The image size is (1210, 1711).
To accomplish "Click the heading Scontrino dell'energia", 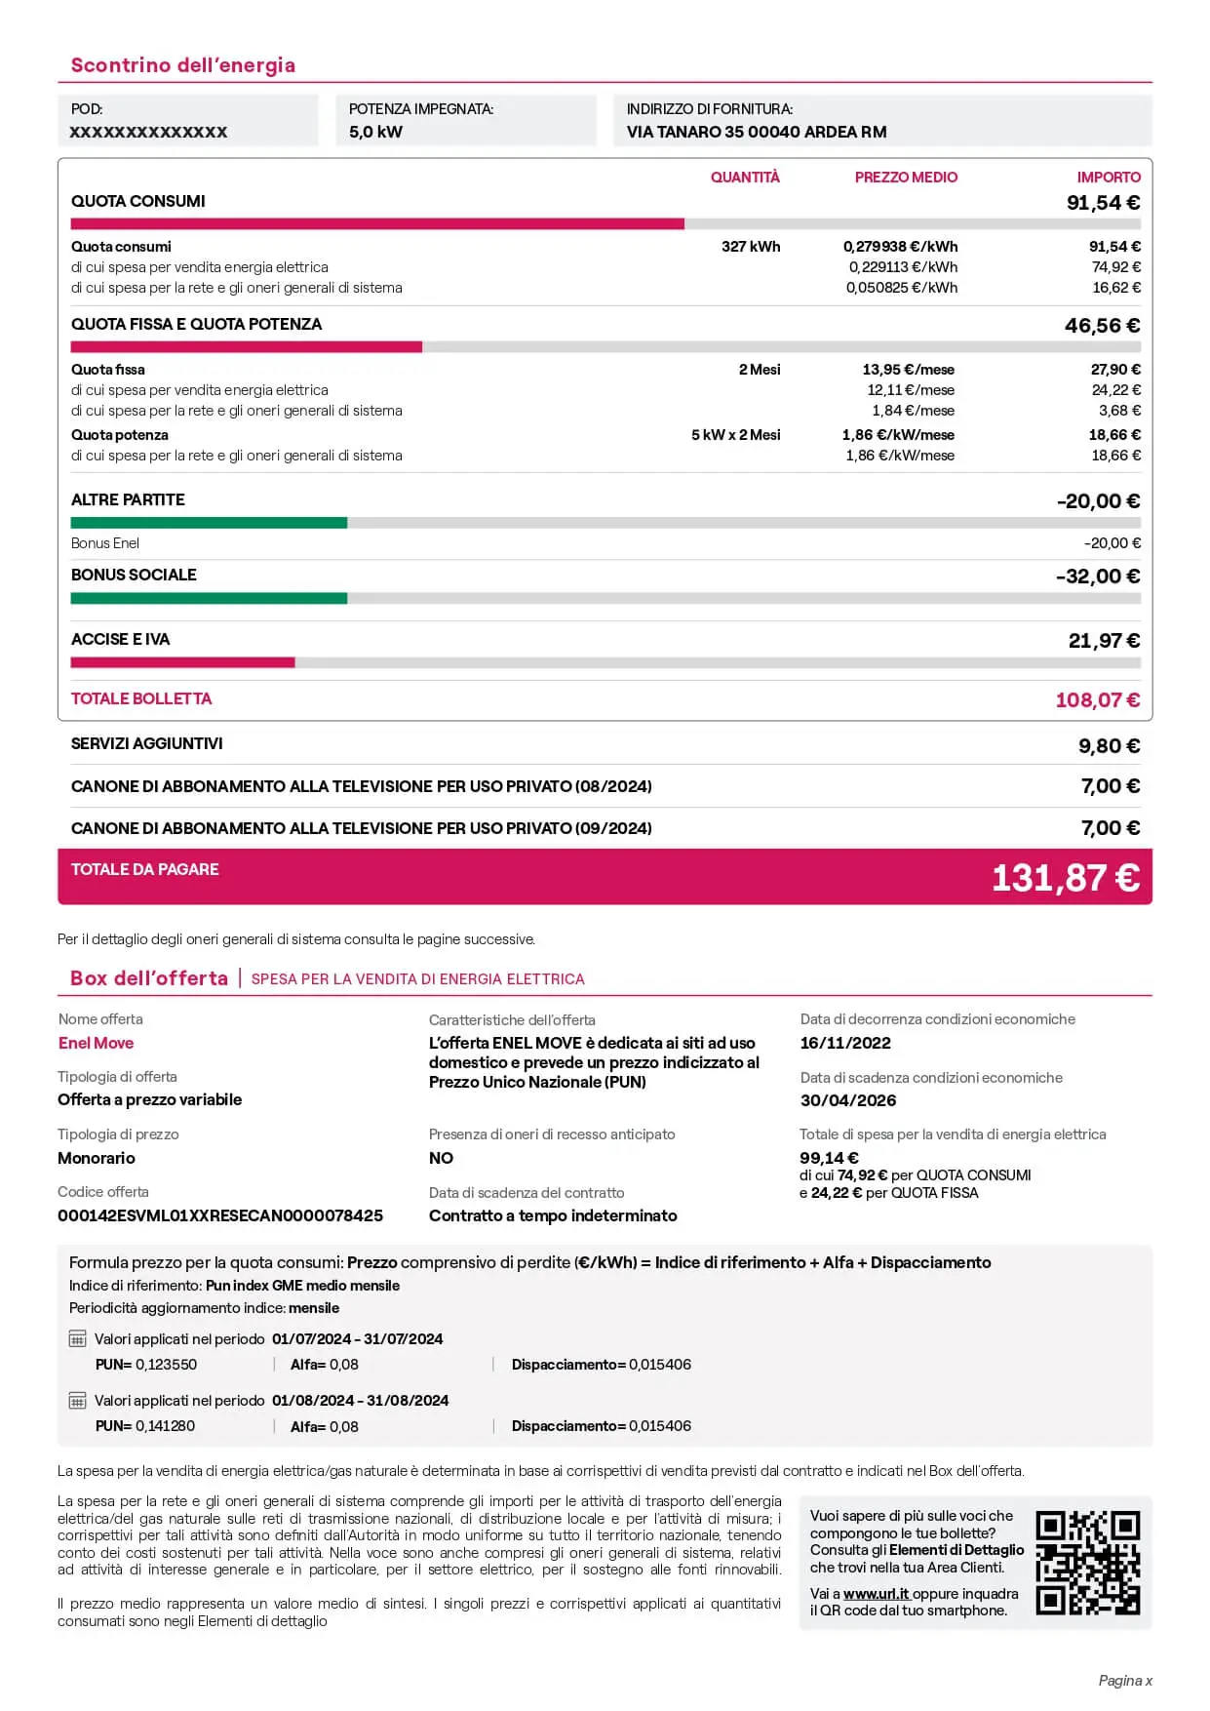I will [x=182, y=65].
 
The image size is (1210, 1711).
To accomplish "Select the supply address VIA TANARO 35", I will [x=757, y=132].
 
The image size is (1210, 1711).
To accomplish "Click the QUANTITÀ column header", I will [x=745, y=178].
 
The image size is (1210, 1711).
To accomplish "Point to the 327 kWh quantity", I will [x=751, y=247].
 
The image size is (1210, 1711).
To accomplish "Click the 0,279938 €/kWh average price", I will [x=900, y=247].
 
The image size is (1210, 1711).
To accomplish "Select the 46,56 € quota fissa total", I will [x=1102, y=326].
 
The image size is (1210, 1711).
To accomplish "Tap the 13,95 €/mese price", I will [x=908, y=370].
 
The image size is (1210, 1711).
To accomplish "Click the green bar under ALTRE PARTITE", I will [x=209, y=523].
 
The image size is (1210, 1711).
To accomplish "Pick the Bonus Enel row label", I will [x=105, y=543].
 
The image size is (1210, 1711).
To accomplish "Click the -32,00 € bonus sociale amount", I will [x=1098, y=577].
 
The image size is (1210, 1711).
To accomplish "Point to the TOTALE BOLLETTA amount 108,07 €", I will [x=1097, y=700].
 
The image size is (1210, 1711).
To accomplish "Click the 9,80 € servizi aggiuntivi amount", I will [x=1109, y=746].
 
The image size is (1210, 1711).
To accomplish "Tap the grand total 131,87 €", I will [x=1065, y=878].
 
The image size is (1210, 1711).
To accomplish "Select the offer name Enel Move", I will [x=96, y=1043].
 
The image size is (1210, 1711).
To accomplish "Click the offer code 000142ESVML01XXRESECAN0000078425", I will [x=220, y=1215].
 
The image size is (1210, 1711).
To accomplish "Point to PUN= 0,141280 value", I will [x=145, y=1426].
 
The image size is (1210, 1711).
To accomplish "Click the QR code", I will [x=1087, y=1563].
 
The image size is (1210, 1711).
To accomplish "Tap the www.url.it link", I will [x=876, y=1594].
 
